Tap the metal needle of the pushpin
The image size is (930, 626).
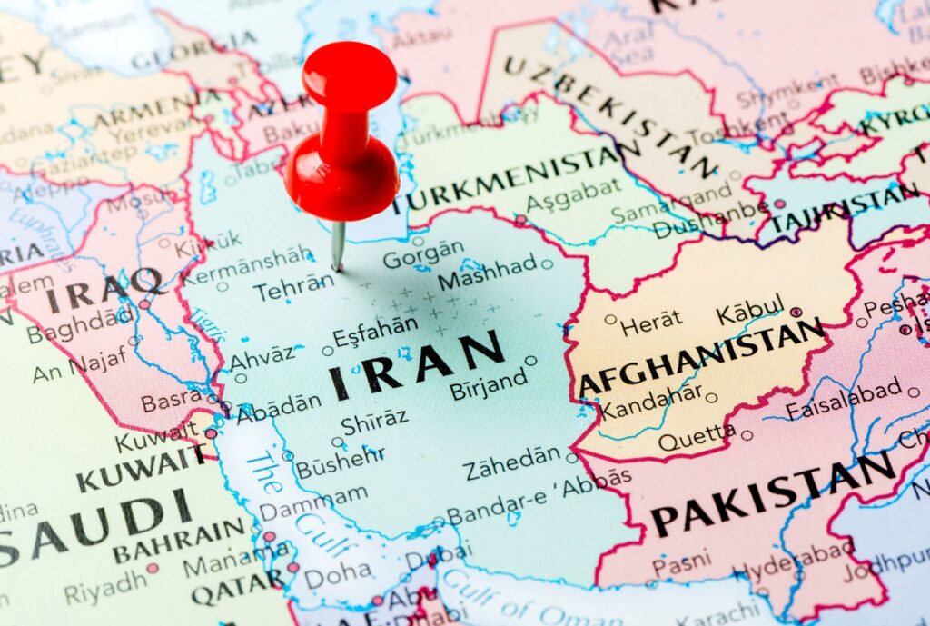point(338,246)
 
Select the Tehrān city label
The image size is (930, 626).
point(288,289)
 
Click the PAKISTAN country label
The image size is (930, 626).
point(773,495)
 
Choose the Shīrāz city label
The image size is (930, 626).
point(374,422)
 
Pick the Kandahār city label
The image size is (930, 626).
point(651,402)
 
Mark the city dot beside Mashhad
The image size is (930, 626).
point(547,264)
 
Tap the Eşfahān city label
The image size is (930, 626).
point(375,333)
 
